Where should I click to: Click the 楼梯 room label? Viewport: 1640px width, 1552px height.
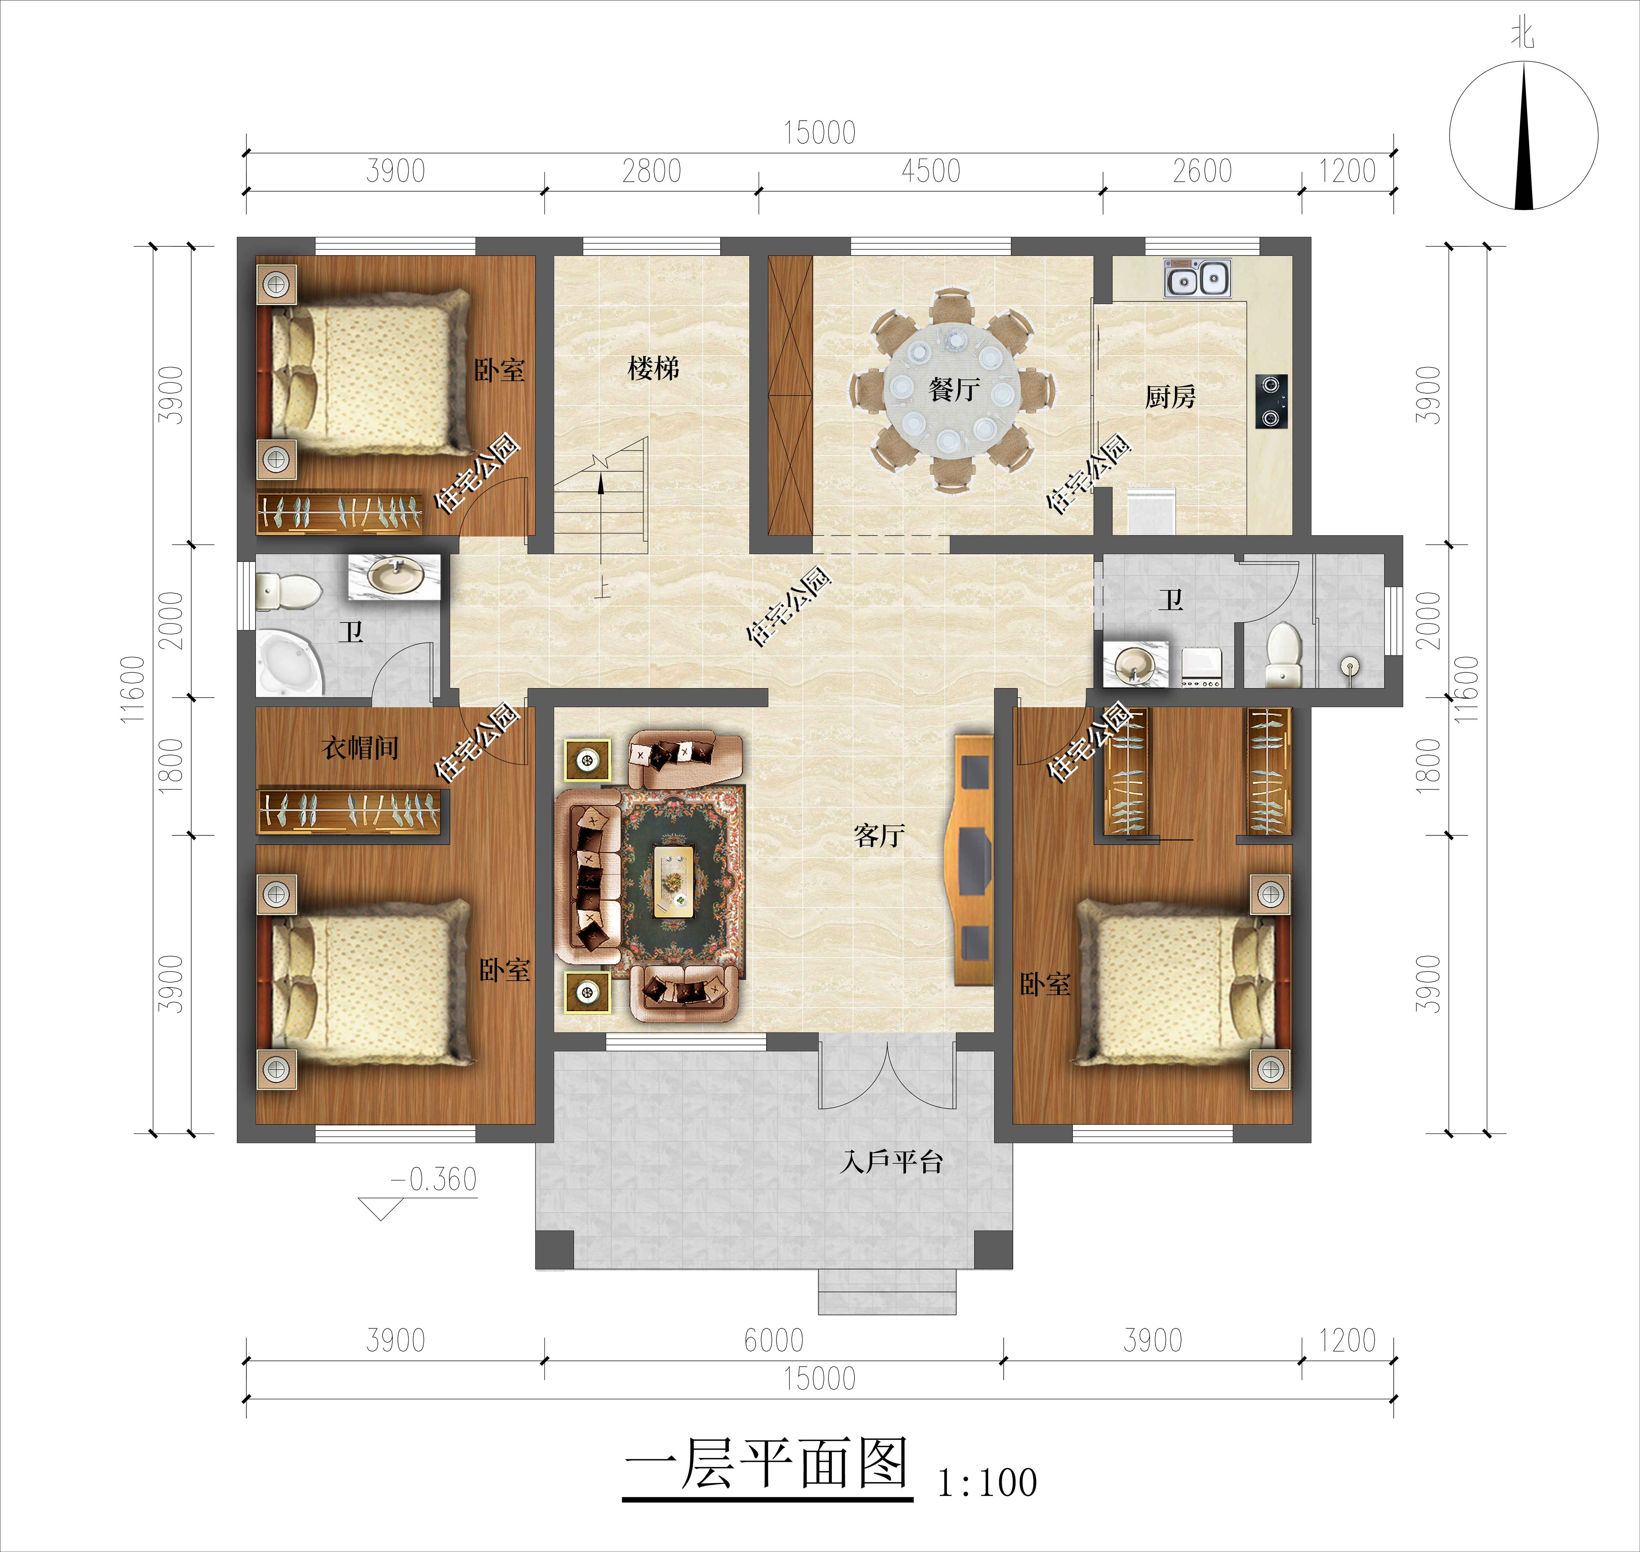(653, 368)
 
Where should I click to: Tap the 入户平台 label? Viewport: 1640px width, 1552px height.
(891, 1162)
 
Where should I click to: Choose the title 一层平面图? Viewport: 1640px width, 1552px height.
(767, 1464)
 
